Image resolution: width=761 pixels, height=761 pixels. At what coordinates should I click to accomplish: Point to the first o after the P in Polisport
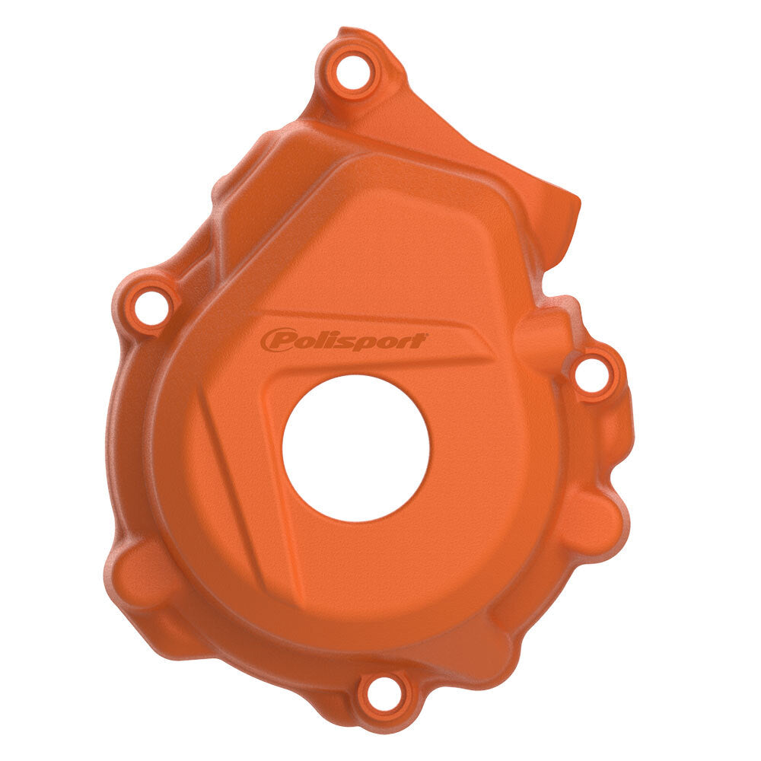307,341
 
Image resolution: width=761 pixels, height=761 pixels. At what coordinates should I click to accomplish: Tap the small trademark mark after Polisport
427,335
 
